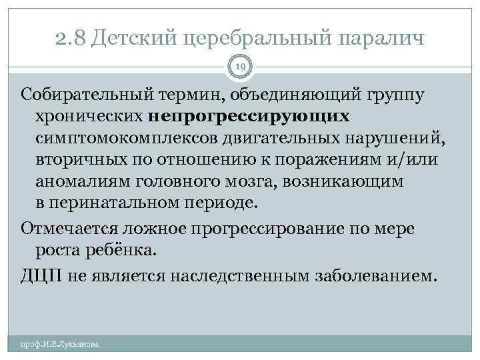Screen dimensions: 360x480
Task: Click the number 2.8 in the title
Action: tap(71, 38)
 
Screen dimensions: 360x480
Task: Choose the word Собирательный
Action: tap(87, 95)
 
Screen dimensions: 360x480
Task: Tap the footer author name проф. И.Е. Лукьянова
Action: tap(60, 344)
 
